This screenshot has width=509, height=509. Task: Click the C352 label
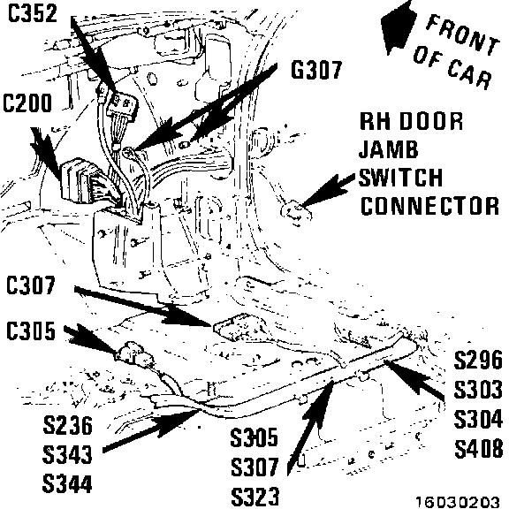click(x=33, y=13)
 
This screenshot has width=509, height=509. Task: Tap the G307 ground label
click(x=316, y=70)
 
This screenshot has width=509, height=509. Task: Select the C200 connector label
click(x=27, y=103)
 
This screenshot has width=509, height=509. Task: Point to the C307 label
click(x=31, y=285)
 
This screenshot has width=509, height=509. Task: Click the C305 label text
click(x=31, y=330)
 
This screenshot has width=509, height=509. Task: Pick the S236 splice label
click(x=67, y=425)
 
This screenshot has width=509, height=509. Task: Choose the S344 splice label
click(x=67, y=483)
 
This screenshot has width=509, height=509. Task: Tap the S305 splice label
click(x=254, y=437)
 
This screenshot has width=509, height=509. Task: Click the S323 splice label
click(x=254, y=497)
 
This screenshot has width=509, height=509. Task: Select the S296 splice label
click(x=478, y=360)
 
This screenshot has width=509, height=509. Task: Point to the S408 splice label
click(x=478, y=449)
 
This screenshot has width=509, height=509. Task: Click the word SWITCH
click(x=401, y=177)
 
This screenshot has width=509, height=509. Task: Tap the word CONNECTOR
click(x=429, y=206)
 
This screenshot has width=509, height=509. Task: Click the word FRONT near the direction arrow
click(x=462, y=34)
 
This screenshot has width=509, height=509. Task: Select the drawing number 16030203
click(x=458, y=502)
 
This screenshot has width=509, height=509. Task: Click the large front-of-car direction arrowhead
click(x=398, y=27)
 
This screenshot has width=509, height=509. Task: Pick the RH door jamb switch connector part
click(x=296, y=212)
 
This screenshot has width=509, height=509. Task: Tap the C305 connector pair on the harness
click(x=133, y=355)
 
